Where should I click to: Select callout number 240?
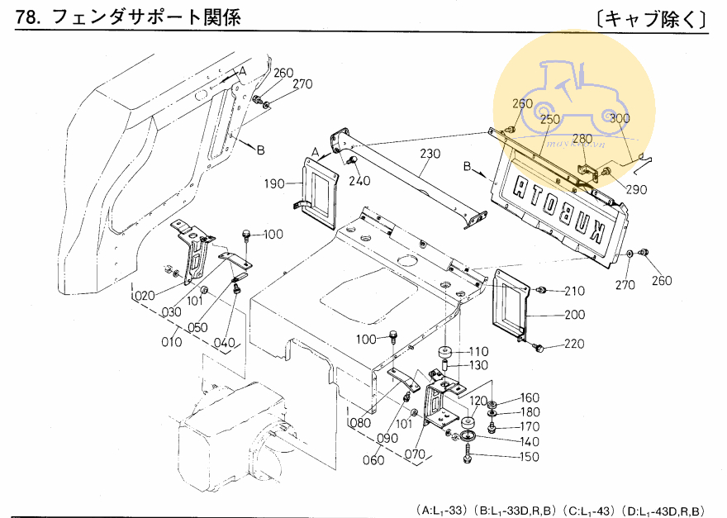click(359, 181)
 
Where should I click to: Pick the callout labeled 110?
click(478, 351)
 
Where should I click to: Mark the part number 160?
click(528, 398)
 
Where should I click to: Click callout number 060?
click(373, 460)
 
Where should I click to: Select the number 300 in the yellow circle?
click(620, 118)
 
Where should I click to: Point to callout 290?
click(636, 190)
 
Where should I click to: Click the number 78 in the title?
click(27, 17)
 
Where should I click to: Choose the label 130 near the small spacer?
click(478, 366)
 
